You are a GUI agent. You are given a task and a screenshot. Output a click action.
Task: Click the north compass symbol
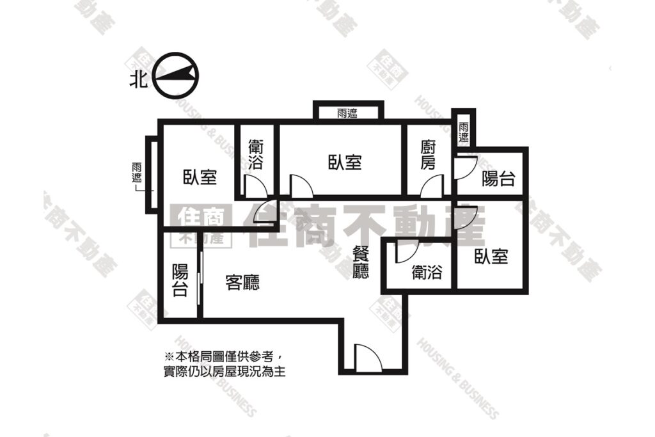click(x=175, y=75)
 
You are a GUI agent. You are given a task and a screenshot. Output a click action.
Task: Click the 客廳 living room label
click(x=242, y=282)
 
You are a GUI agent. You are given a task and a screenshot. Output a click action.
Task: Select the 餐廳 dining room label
click(x=361, y=262)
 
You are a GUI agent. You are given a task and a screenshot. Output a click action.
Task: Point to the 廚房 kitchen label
click(x=428, y=155)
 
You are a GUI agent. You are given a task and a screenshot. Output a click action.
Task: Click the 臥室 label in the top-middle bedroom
click(x=345, y=162)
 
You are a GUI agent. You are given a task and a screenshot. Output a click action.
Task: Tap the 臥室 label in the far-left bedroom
click(x=200, y=177)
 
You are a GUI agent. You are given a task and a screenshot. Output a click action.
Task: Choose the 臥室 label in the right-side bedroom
click(x=491, y=256)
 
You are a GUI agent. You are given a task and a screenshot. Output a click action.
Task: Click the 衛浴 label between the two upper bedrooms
click(x=255, y=154)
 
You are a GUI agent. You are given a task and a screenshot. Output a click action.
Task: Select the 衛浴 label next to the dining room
click(x=427, y=273)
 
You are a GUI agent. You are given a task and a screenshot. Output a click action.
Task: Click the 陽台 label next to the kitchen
click(x=498, y=179)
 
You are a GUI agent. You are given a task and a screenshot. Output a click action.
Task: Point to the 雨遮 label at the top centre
click(x=347, y=113)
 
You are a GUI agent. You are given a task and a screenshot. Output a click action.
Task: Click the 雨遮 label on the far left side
click(x=137, y=172)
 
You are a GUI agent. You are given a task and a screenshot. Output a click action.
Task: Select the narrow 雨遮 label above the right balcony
click(x=464, y=132)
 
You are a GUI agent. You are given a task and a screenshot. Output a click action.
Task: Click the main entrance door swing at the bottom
click(x=368, y=358)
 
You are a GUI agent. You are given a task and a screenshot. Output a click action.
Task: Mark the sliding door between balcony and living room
click(x=201, y=284)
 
